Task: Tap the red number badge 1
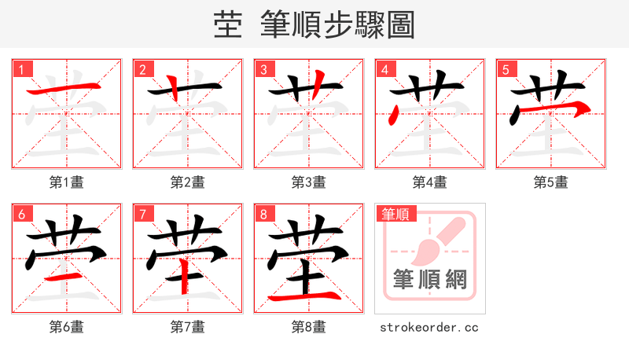pyautogui.click(x=21, y=69)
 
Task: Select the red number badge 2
pyautogui.click(x=142, y=69)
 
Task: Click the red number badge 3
pyautogui.click(x=263, y=69)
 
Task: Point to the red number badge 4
pyautogui.click(x=384, y=69)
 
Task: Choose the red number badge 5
pyautogui.click(x=506, y=69)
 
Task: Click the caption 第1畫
pyautogui.click(x=67, y=182)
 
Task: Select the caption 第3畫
pyautogui.click(x=309, y=182)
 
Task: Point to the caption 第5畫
pyautogui.click(x=551, y=182)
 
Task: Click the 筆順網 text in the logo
pyautogui.click(x=430, y=279)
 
